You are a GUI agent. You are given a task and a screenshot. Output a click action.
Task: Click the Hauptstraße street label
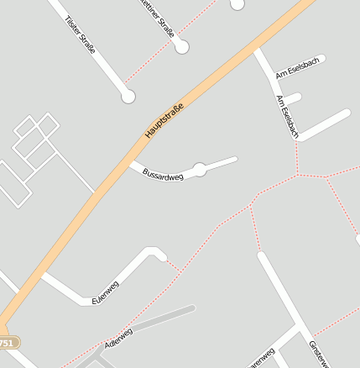pyautogui.click(x=164, y=120)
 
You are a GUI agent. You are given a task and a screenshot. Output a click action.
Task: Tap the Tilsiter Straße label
pyautogui.click(x=80, y=34)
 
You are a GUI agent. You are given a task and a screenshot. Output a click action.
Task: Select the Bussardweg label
pyautogui.click(x=163, y=175)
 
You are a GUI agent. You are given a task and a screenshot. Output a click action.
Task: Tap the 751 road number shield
pyautogui.click(x=7, y=344)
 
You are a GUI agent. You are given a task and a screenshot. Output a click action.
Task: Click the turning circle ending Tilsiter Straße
pyautogui.click(x=128, y=97)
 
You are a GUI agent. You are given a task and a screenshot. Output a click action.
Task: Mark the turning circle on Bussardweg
pyautogui.click(x=200, y=169)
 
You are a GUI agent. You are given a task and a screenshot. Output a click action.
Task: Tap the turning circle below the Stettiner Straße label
pyautogui.click(x=182, y=47)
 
